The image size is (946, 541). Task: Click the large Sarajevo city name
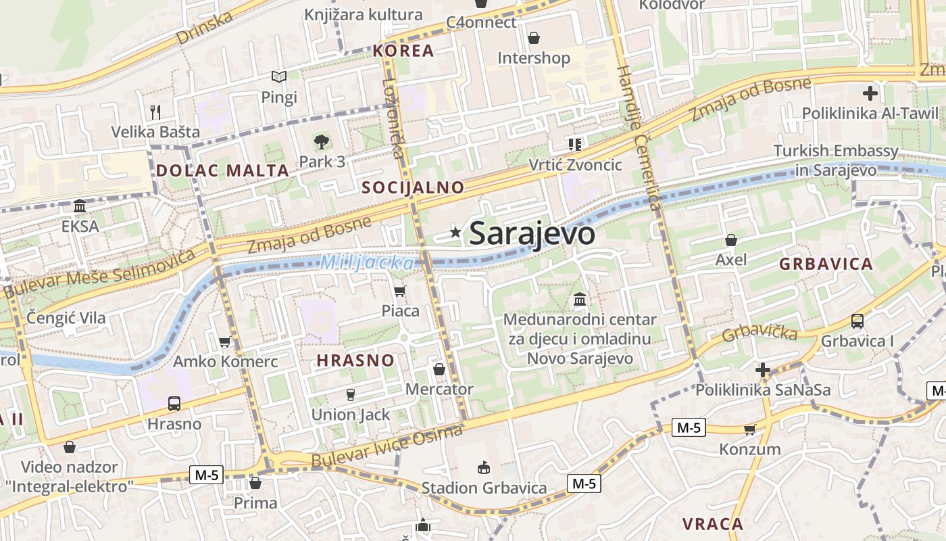532,234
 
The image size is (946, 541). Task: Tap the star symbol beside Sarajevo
456,233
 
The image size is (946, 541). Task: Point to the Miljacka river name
366,262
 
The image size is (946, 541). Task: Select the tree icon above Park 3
322,142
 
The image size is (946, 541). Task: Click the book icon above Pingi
279,77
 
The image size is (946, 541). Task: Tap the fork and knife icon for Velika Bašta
156,112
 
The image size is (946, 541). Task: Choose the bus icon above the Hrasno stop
174,404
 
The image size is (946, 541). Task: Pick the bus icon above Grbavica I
857,321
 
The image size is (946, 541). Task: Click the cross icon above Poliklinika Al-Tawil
870,93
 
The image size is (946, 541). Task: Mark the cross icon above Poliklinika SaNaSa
763,370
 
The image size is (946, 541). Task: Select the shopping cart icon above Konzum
749,429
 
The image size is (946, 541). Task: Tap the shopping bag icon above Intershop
534,38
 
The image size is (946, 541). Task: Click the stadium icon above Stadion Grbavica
484,467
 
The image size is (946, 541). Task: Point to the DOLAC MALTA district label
223,170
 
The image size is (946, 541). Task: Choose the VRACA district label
712,524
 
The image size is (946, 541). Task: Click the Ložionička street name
395,118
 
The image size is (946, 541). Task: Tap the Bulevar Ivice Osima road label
388,447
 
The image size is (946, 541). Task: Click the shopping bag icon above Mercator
439,369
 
